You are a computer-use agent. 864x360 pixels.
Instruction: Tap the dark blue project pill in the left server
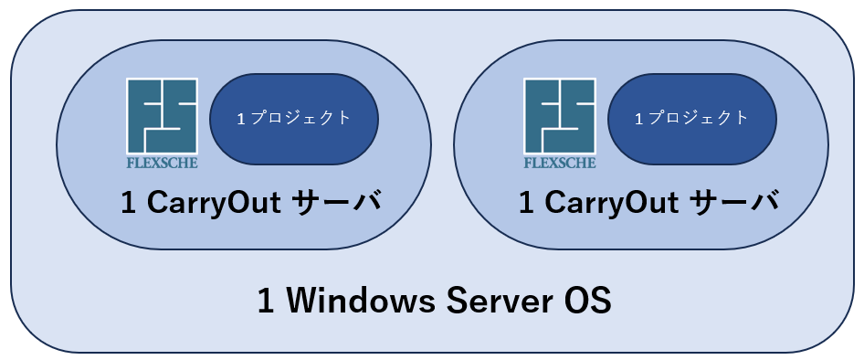[x=294, y=119]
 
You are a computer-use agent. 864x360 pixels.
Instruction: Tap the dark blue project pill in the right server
[x=692, y=119]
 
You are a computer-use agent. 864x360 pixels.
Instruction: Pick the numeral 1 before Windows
[x=266, y=302]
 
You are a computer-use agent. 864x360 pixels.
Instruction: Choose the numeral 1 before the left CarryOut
[x=129, y=204]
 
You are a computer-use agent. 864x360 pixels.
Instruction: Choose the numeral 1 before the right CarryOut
[x=527, y=204]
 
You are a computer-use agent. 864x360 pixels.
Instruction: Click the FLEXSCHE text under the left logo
[x=162, y=163]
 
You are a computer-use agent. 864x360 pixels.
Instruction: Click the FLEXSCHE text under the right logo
[x=560, y=163]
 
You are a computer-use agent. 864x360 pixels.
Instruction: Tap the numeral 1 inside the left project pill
[x=241, y=119]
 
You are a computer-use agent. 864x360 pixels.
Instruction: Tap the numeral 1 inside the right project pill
[x=639, y=119]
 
